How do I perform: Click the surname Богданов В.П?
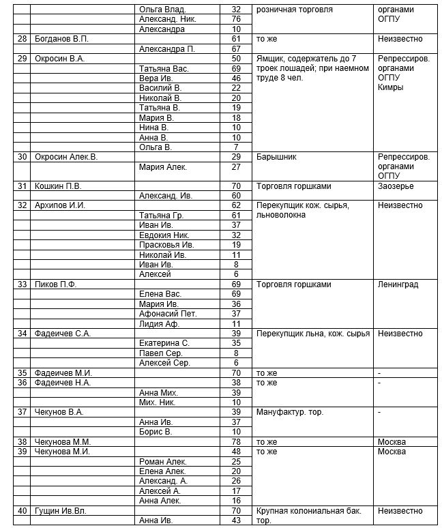62,39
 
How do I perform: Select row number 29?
22,59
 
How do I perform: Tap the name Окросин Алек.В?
66,157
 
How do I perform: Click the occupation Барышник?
276,157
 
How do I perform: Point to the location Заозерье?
396,186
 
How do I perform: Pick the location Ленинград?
398,284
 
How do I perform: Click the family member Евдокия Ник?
164,235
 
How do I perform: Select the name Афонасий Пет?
168,314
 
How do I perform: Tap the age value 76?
236,19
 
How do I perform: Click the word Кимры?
390,87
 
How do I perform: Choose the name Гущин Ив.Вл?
61,510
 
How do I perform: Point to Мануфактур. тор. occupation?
289,412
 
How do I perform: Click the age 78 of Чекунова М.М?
236,441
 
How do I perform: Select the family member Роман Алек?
162,461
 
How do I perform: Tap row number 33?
22,284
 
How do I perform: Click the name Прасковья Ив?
166,244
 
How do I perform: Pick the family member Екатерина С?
164,343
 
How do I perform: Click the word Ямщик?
270,59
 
